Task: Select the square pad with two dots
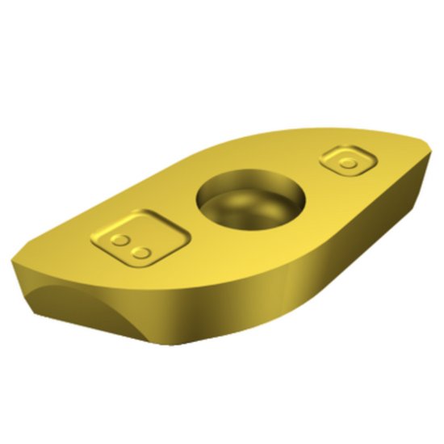tap(136, 239)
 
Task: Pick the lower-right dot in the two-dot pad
tap(142, 253)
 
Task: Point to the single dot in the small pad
tap(348, 163)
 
